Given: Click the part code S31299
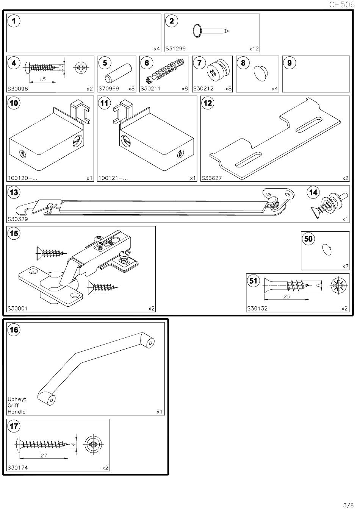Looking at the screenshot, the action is tap(175, 48).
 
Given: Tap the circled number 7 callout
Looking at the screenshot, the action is tap(199, 63).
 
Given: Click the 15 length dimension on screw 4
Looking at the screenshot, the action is tap(42, 79).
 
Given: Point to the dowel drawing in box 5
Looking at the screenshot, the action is tap(118, 73).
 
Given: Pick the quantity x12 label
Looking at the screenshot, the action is tap(254, 49).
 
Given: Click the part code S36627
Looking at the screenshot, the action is tap(211, 178).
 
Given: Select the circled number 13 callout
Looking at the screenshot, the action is tap(14, 192).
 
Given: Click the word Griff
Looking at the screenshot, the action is tap(13, 405).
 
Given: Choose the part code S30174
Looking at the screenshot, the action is tap(18, 467).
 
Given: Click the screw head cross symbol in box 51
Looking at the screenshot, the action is tap(338, 286).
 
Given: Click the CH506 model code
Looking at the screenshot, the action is tap(342, 5).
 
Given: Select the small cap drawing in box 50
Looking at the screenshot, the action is tap(327, 250).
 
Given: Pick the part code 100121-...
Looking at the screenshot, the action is tap(113, 178).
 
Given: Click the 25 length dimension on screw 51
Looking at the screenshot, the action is tap(286, 297).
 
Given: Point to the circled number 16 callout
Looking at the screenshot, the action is tap(14, 330).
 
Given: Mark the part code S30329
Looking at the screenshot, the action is tap(18, 219).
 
